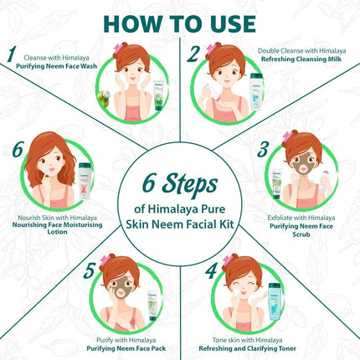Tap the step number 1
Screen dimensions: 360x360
point(11,56)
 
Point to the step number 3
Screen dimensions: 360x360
point(262,151)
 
